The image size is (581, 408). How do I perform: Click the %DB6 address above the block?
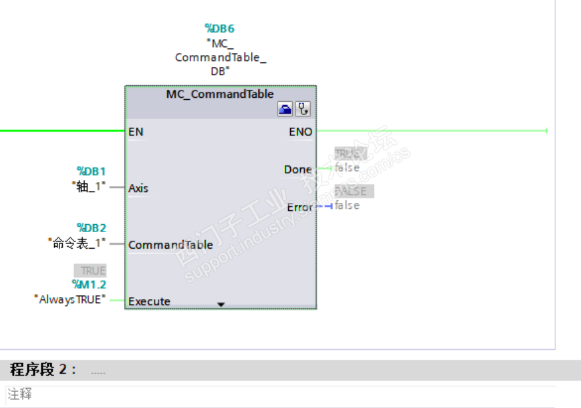[219, 29]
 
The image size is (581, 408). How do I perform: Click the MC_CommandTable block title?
[219, 94]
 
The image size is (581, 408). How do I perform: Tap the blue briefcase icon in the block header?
[285, 109]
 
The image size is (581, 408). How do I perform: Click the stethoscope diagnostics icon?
[303, 109]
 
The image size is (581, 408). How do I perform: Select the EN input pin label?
[136, 132]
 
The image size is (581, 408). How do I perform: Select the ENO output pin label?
[300, 132]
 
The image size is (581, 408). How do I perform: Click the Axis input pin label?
[138, 188]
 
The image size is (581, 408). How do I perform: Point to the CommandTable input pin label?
[170, 245]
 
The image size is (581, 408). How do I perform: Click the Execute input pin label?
[149, 302]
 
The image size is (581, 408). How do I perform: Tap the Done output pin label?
[297, 170]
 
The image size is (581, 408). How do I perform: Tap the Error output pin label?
[299, 208]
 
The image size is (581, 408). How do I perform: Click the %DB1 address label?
[91, 172]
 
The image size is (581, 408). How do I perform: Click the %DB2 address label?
[91, 228]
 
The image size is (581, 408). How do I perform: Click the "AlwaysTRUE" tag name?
[70, 300]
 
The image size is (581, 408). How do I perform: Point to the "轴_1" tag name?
[89, 186]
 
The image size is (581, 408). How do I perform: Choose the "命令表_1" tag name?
[78, 243]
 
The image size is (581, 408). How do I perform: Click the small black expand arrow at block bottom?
[221, 305]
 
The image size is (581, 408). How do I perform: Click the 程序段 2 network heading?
[43, 370]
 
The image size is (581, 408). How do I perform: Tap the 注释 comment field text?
[20, 395]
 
